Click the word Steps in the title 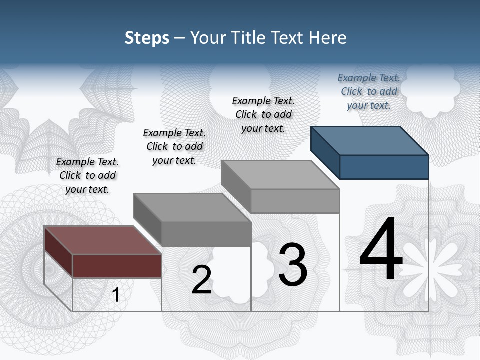tap(147, 38)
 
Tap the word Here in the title tap(328, 38)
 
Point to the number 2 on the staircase tap(201, 280)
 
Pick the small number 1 tap(116, 295)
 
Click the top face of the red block tap(102, 240)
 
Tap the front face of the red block tap(117, 266)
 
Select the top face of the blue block tap(370, 140)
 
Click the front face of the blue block tap(384, 167)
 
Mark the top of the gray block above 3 tap(280, 175)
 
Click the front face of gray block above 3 tap(295, 201)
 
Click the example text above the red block tap(87, 175)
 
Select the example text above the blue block tap(369, 91)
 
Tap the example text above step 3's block tap(263, 114)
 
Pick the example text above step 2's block tap(174, 146)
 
